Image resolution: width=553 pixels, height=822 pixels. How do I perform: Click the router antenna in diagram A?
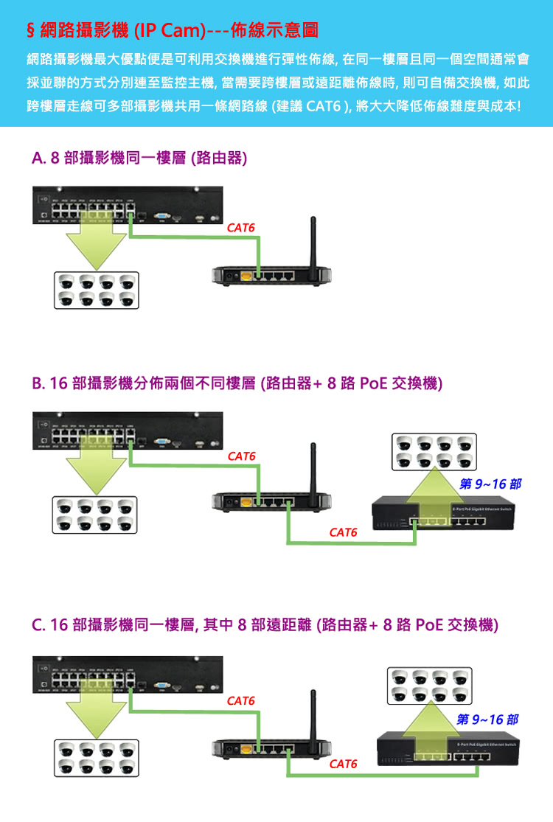(x=313, y=240)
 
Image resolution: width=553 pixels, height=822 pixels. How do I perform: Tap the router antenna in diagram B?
(x=313, y=465)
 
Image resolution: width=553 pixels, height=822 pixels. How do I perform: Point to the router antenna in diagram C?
(x=313, y=708)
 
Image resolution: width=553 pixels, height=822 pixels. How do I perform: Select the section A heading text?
(x=139, y=159)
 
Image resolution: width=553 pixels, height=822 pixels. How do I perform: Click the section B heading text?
(x=237, y=384)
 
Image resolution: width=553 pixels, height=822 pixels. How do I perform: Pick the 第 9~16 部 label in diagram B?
(x=490, y=484)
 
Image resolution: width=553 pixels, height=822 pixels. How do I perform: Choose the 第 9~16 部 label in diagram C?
(x=487, y=719)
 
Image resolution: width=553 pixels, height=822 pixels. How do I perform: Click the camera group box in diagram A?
(x=96, y=290)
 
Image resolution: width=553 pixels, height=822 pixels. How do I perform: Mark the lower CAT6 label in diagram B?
(x=344, y=532)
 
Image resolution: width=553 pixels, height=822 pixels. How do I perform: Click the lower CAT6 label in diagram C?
(x=344, y=764)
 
